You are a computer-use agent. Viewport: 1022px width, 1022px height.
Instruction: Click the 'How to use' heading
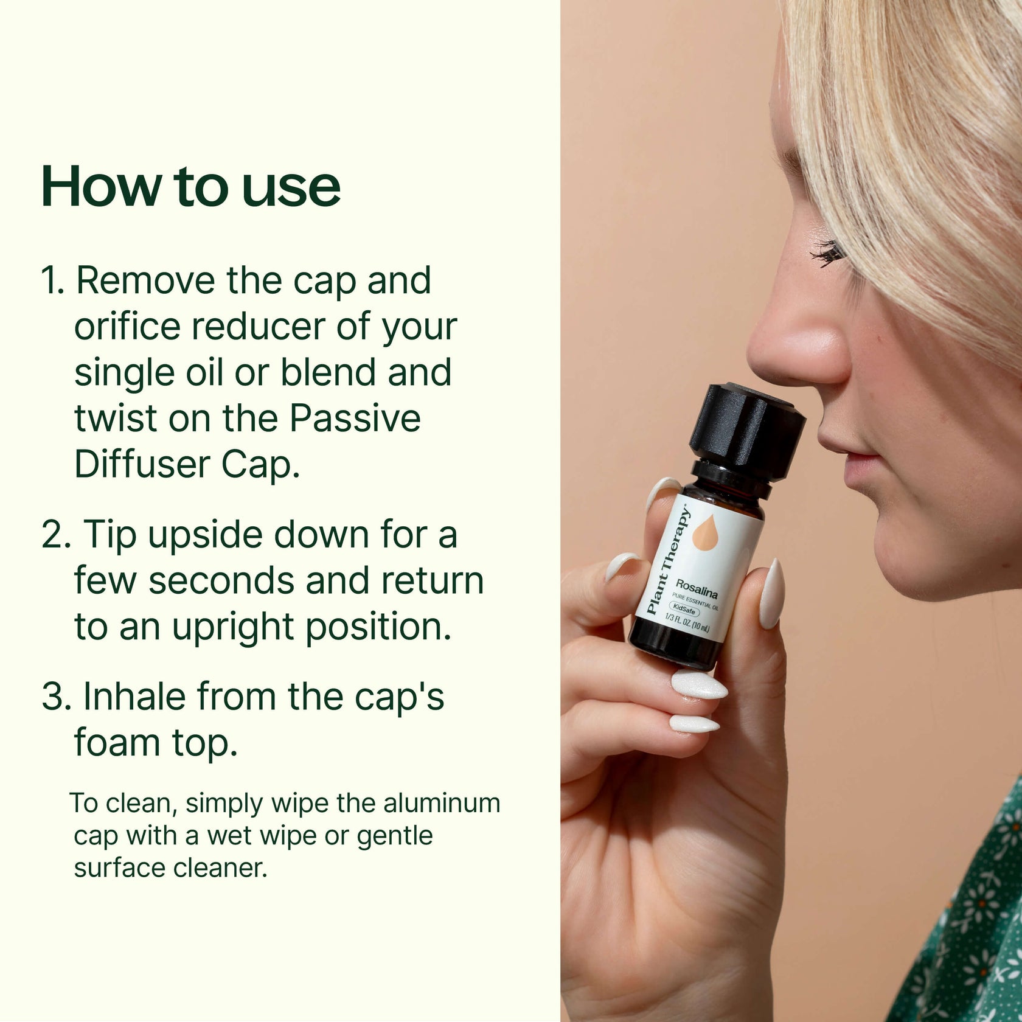point(190,187)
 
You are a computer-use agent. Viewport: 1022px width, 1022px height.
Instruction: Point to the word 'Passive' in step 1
point(354,419)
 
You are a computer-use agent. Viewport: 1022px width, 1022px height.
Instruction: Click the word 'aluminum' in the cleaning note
point(442,804)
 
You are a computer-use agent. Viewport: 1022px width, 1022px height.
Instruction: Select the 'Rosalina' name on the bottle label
point(697,588)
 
